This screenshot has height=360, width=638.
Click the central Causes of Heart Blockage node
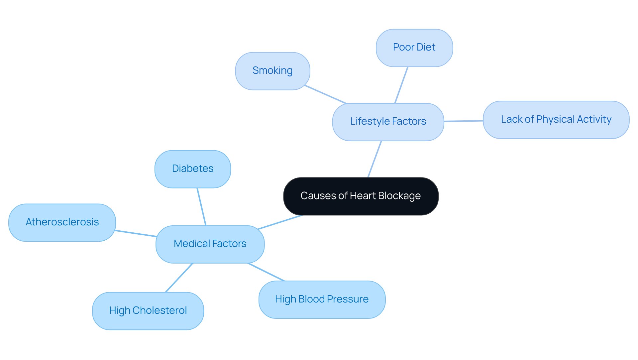coord(361,196)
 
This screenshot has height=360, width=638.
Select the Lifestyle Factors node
coord(388,122)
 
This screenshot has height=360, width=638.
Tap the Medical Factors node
coord(210,244)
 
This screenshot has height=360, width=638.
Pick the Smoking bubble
coord(272,71)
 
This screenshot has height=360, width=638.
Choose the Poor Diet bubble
coord(414,48)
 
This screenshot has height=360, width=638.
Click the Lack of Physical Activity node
coord(556,120)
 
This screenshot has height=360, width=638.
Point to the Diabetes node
coord(192,169)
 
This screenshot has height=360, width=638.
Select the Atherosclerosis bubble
coord(62,222)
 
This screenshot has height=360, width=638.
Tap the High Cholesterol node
coord(148,311)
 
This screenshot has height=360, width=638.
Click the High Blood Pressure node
coord(322,300)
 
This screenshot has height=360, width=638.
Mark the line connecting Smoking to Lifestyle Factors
coord(326,94)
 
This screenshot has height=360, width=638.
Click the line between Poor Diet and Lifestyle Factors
coord(401,85)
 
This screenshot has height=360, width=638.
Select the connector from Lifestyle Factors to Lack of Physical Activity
coord(464,121)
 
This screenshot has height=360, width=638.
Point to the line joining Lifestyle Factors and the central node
coord(375,159)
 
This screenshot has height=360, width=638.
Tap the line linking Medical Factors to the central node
coord(280,222)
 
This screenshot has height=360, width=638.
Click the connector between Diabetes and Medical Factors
coord(202,207)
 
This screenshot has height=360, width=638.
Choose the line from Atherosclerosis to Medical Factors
coord(136,233)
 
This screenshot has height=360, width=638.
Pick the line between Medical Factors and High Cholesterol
coord(179,278)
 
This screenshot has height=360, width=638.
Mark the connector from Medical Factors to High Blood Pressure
coord(266,272)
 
